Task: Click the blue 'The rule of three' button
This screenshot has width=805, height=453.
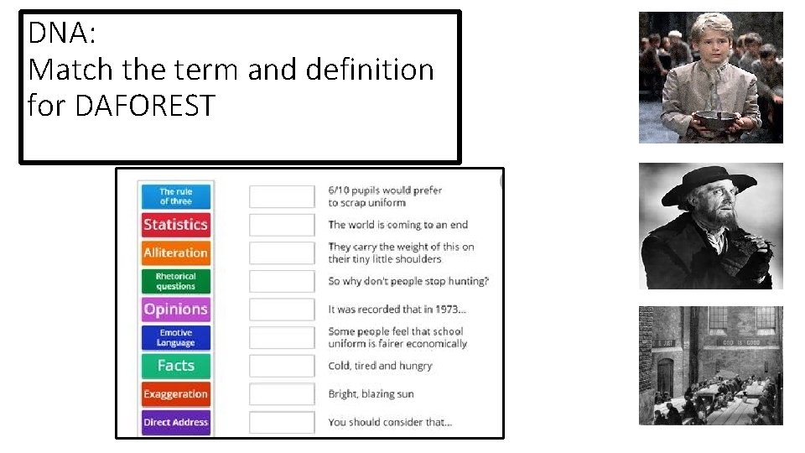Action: tap(175, 196)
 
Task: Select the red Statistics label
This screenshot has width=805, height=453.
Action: tap(175, 224)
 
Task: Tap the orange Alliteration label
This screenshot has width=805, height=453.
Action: tap(175, 253)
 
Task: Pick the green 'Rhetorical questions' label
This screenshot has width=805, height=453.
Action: tap(175, 281)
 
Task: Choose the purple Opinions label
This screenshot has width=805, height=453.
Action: tap(175, 309)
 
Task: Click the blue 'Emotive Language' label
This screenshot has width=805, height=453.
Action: tap(175, 337)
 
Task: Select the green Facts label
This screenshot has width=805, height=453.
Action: tap(175, 366)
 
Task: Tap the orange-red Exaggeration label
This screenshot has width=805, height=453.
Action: tap(175, 394)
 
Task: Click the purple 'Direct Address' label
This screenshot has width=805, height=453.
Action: tap(175, 422)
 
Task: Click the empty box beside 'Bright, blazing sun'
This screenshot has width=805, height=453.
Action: tap(282, 394)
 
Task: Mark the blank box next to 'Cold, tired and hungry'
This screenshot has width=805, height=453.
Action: tap(282, 366)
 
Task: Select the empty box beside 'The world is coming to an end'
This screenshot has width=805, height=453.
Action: tap(282, 224)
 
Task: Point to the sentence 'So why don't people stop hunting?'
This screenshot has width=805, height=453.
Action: tap(408, 281)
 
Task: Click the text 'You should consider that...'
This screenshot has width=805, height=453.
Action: tap(390, 422)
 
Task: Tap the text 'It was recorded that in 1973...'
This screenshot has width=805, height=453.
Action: tap(397, 310)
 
